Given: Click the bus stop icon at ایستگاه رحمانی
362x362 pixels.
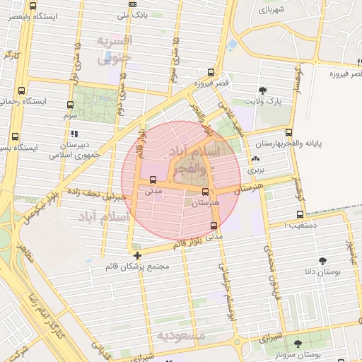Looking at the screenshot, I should pyautogui.click(x=22, y=90).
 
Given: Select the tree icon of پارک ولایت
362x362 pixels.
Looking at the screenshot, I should pyautogui.click(x=262, y=90).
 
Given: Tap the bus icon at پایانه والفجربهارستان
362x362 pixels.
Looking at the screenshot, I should pyautogui.click(x=288, y=132).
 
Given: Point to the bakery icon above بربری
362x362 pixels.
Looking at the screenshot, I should pyautogui.click(x=255, y=159).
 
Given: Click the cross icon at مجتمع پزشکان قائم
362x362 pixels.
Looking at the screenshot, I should pyautogui.click(x=137, y=255).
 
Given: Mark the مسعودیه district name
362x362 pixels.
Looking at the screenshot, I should pyautogui.click(x=181, y=334).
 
